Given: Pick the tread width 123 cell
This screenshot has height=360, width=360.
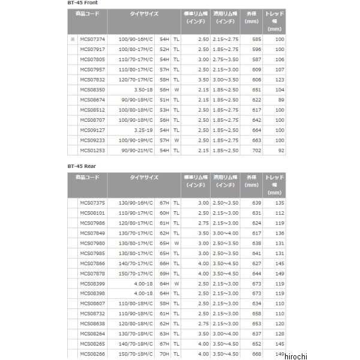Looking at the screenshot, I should pyautogui.click(x=278, y=79).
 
